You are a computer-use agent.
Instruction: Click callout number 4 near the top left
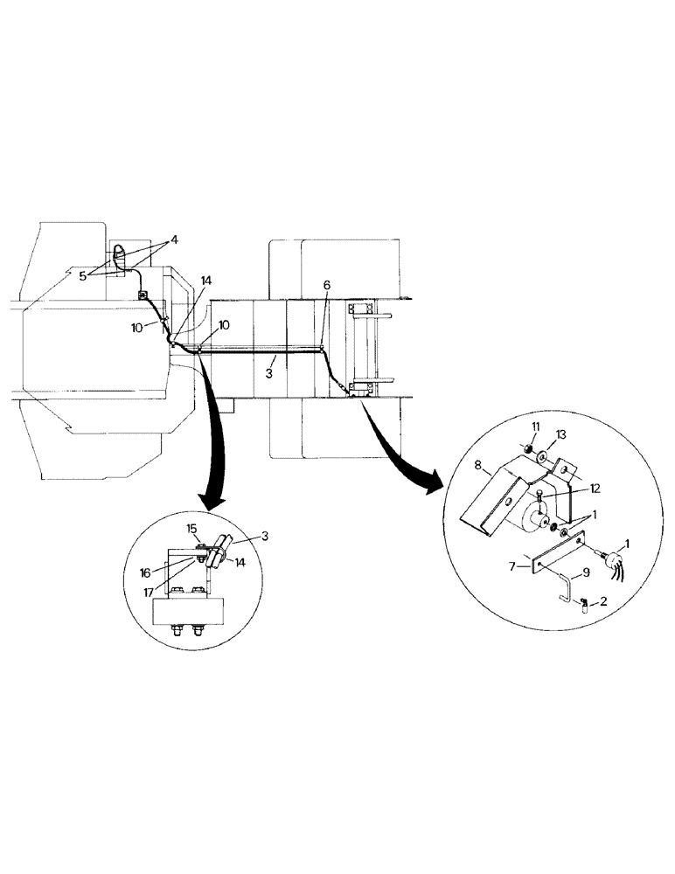pyautogui.click(x=174, y=239)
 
